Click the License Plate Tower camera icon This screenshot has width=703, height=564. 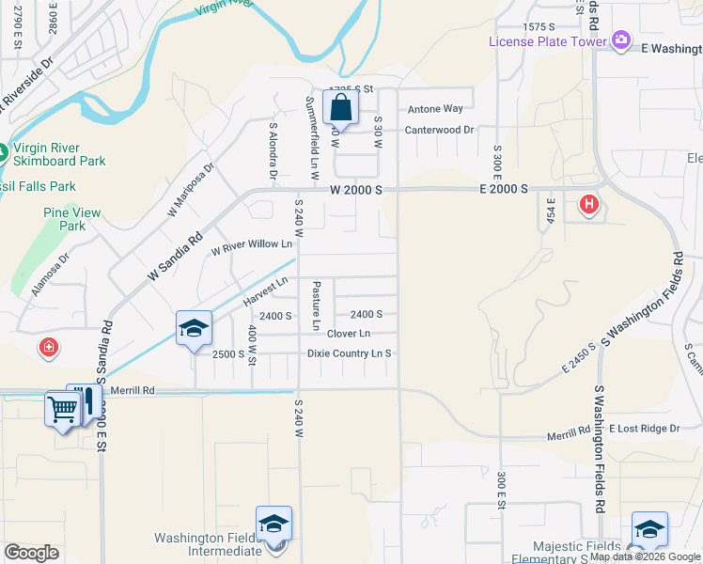[x=620, y=40]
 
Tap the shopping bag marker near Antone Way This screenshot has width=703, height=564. [x=339, y=108]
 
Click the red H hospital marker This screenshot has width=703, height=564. [x=589, y=204]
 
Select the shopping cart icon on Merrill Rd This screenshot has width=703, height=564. [x=62, y=409]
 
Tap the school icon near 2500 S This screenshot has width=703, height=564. [x=194, y=329]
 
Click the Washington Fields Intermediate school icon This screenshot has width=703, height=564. [x=273, y=525]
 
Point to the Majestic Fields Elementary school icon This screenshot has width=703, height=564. [x=649, y=530]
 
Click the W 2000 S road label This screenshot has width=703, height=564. [x=356, y=190]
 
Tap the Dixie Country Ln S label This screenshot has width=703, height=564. [x=349, y=353]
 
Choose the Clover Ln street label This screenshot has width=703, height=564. [x=348, y=334]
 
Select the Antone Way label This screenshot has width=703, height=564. [x=434, y=109]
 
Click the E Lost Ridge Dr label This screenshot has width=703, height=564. [x=644, y=429]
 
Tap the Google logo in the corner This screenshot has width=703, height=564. [x=31, y=553]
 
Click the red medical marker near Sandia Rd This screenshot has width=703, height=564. [x=48, y=349]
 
